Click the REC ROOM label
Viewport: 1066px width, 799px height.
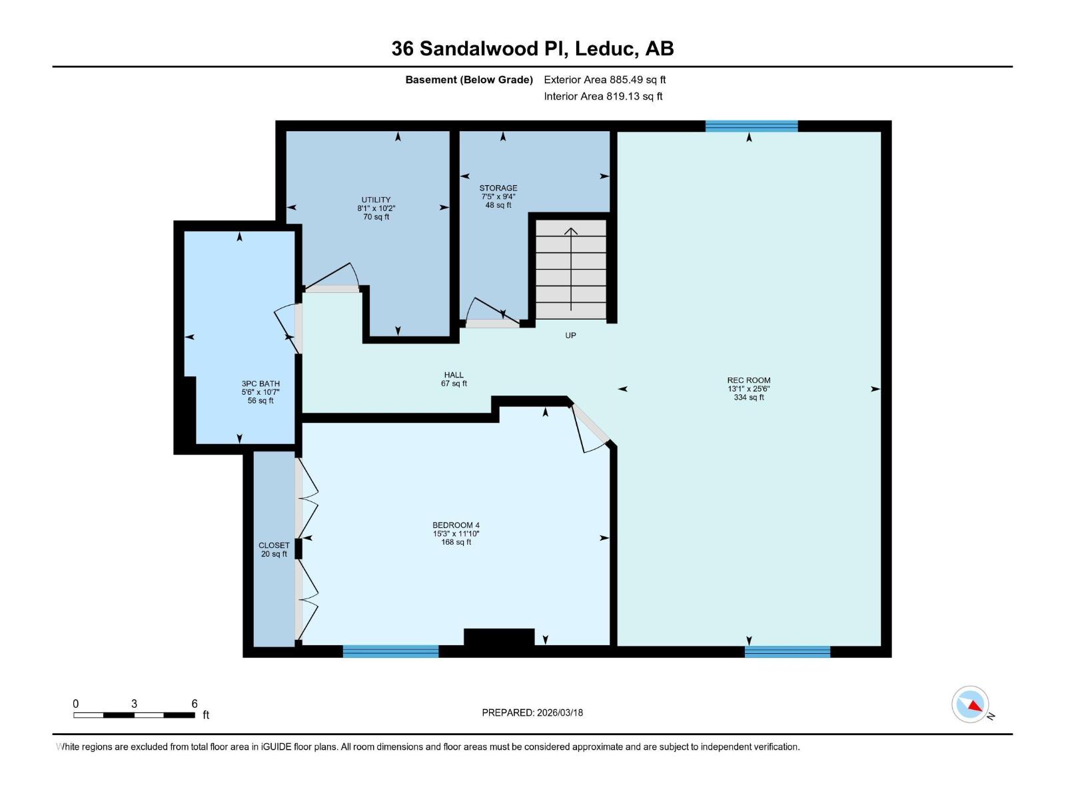point(748,381)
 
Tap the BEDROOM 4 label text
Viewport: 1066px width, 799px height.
point(456,525)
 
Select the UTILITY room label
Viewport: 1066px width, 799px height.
point(376,200)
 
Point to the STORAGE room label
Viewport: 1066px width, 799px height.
point(498,188)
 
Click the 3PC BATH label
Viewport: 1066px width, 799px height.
point(261,384)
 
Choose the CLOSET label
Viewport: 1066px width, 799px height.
point(274,546)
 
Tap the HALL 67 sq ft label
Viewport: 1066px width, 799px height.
point(454,379)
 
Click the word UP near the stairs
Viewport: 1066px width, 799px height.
point(570,336)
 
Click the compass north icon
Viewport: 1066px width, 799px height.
point(971,704)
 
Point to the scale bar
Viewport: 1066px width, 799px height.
point(134,714)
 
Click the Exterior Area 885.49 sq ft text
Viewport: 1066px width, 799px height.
point(604,80)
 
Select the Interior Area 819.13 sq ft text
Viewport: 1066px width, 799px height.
point(603,97)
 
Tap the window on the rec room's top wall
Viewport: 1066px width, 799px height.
point(751,127)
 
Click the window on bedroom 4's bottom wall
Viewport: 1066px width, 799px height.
point(390,651)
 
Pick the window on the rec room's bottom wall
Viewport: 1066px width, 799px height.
point(787,651)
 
